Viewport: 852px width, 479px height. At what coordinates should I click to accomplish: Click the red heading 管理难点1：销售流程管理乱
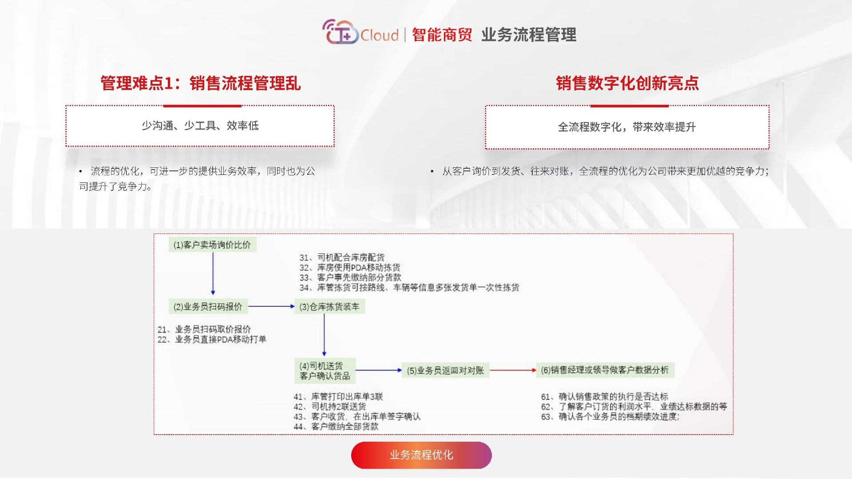pos(201,83)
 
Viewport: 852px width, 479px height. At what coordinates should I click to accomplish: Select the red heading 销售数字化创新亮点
pos(627,83)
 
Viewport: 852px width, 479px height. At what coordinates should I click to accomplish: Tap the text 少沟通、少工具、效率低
pos(200,126)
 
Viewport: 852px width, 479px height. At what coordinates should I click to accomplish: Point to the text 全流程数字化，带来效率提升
pos(626,127)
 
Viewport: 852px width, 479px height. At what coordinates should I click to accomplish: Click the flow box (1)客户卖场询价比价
pos(212,245)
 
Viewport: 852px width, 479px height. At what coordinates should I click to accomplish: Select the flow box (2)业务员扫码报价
pos(208,306)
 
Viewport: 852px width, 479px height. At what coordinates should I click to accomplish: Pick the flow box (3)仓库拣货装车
pos(329,306)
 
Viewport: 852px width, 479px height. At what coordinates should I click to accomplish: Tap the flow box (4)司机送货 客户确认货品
pos(325,371)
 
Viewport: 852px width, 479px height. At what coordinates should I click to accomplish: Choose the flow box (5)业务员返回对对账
pos(445,370)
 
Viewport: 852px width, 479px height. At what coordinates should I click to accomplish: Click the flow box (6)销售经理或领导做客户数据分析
pos(605,370)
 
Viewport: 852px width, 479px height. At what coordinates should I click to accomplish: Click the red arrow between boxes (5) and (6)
pos(513,370)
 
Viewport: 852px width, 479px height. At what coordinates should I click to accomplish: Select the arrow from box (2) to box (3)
pos(271,306)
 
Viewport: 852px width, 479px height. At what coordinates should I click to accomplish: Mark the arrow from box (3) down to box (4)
pos(324,335)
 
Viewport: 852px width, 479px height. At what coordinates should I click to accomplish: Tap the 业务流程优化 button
pos(421,455)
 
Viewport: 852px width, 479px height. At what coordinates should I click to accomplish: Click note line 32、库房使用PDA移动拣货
pos(350,268)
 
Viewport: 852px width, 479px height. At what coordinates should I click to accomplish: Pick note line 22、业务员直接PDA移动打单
pos(212,340)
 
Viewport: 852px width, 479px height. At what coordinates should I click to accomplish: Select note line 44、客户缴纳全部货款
pos(336,427)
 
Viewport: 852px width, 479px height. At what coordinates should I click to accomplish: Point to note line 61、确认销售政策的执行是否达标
pos(604,396)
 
